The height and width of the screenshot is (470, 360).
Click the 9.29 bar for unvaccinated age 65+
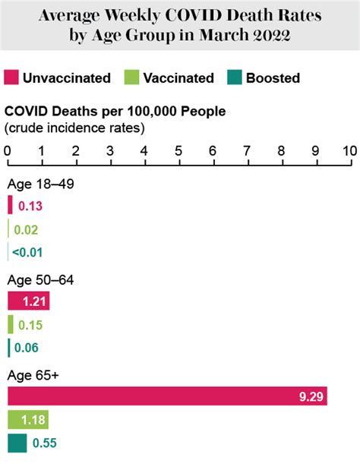(167, 396)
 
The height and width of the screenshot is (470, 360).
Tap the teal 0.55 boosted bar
(17, 443)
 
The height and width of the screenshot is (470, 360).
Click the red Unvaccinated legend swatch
(11, 77)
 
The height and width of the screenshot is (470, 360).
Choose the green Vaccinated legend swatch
(129, 77)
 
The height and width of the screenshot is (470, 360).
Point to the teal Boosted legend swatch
(233, 77)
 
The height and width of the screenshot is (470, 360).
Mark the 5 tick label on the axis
(178, 150)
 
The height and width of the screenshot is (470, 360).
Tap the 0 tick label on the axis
(7, 150)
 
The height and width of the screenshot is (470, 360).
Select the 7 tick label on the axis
(247, 150)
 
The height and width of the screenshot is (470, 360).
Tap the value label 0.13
(30, 205)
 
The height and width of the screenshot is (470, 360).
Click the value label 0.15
(30, 325)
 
